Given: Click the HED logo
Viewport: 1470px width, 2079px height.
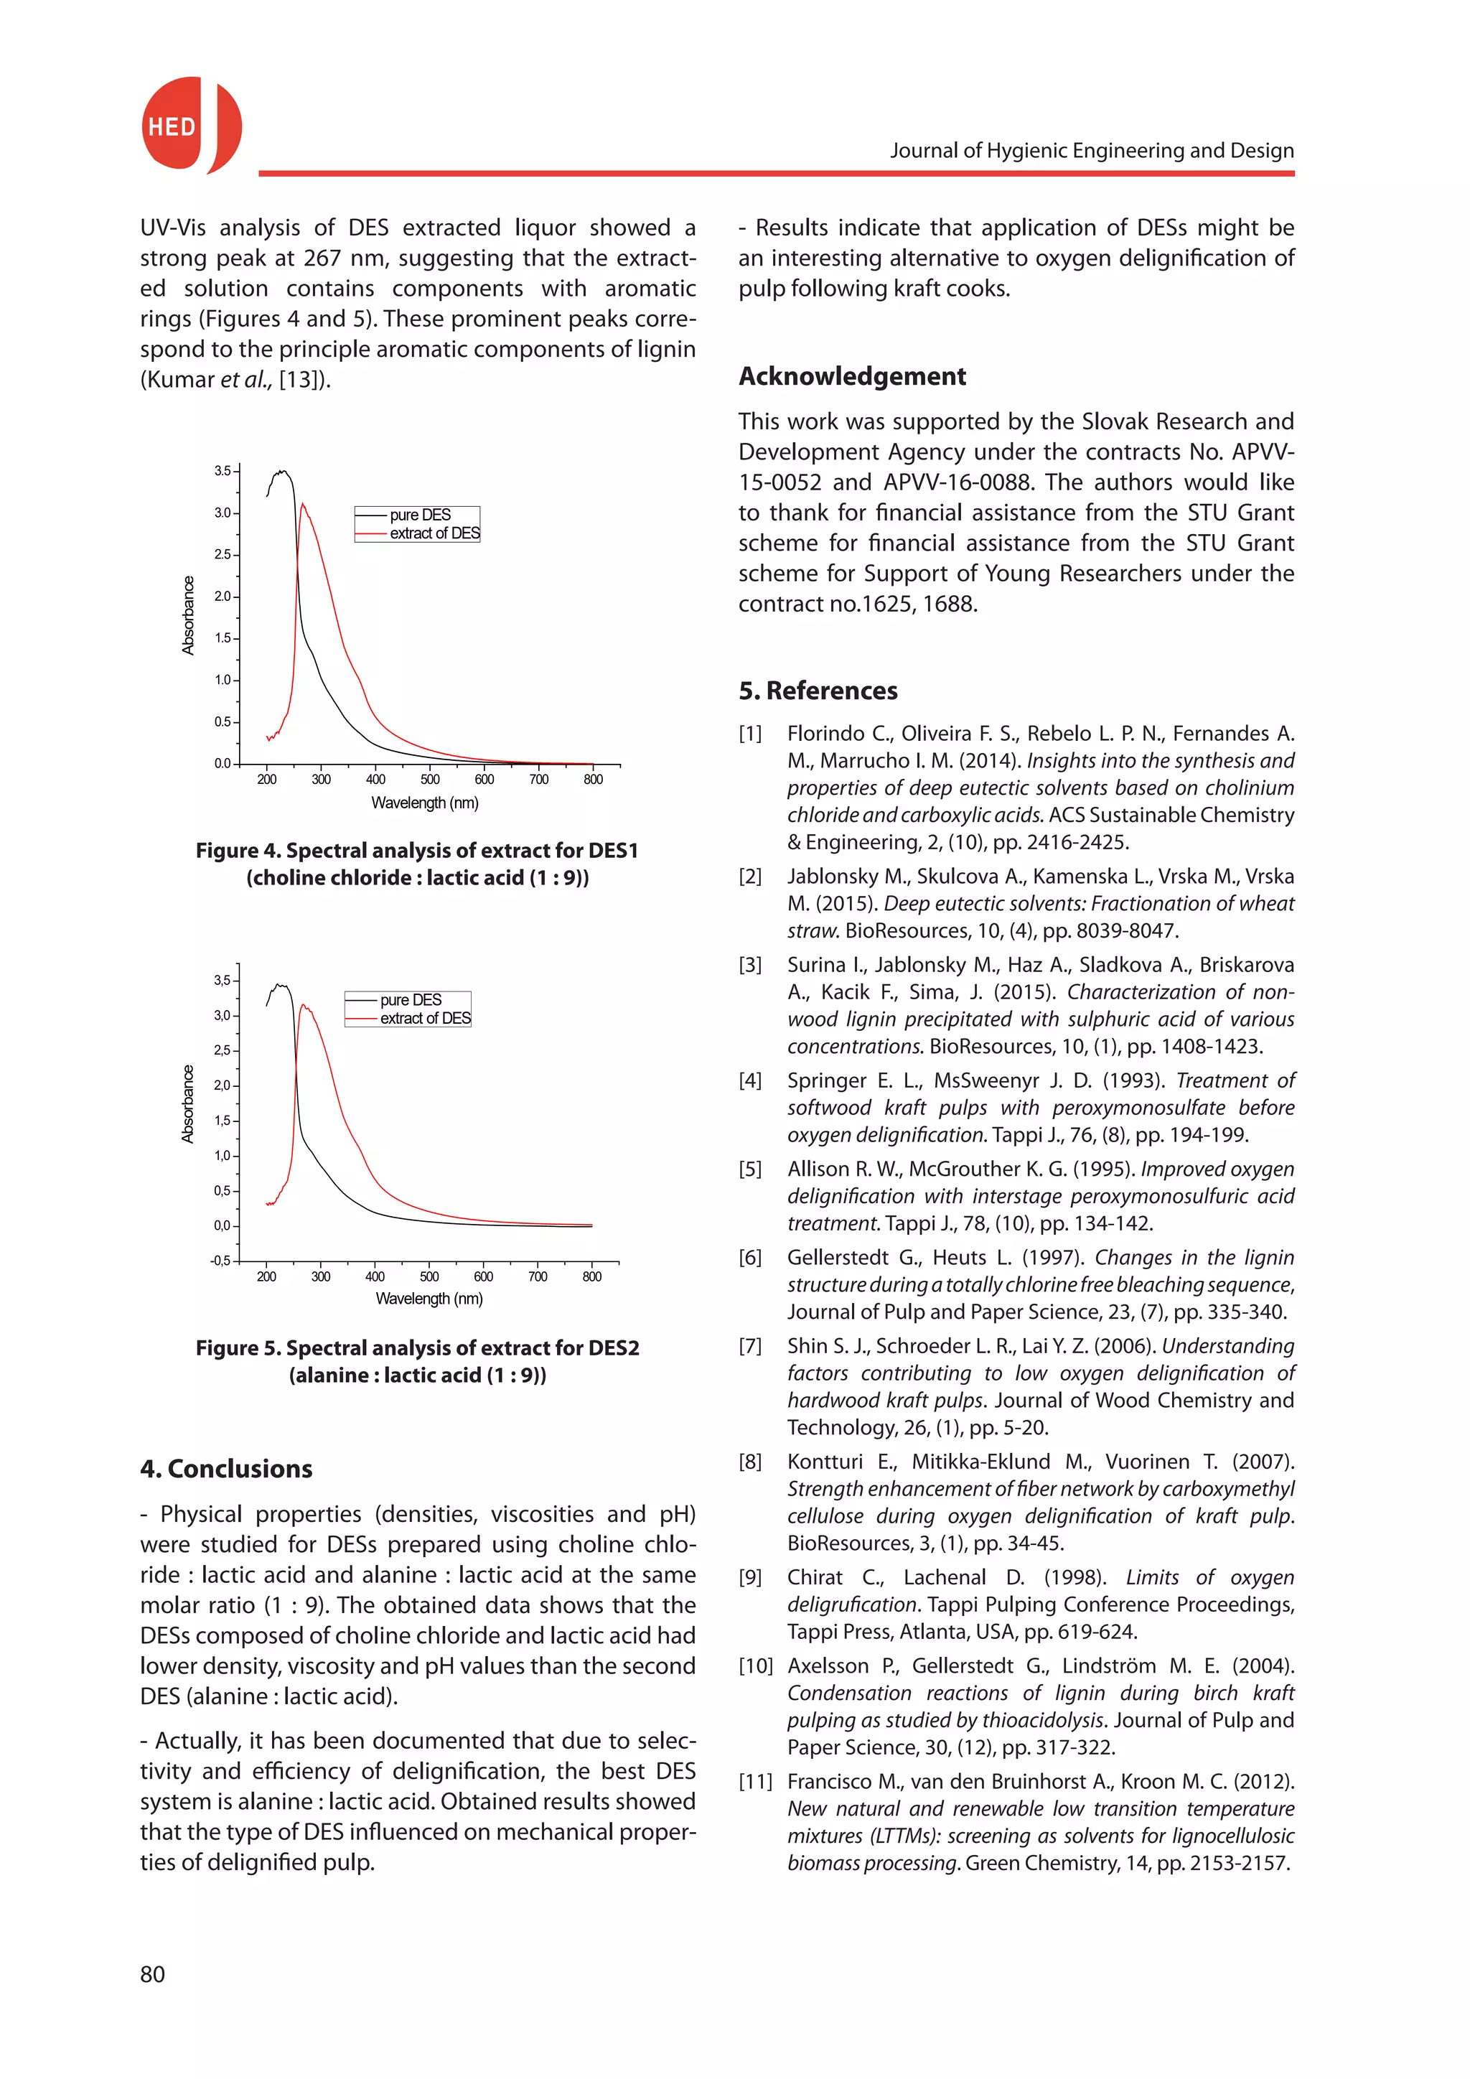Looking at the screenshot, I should [190, 126].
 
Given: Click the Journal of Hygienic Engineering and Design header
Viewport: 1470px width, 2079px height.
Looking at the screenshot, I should [1091, 150].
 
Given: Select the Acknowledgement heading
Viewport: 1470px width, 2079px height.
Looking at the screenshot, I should [852, 375].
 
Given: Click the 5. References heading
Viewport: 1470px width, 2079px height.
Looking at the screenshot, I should [818, 691].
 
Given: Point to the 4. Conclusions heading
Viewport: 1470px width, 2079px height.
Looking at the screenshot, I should [226, 1469].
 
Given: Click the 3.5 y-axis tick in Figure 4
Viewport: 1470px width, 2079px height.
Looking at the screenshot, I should [223, 471].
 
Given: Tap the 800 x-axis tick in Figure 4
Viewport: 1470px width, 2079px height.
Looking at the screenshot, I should [593, 780].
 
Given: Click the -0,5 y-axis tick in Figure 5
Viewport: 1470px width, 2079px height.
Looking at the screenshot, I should [220, 1261].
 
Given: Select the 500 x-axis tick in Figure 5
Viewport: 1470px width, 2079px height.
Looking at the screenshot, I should [429, 1276].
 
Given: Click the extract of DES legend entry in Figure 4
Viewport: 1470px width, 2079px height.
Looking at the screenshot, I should [434, 533].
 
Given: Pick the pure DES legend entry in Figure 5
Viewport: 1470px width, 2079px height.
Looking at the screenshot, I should [410, 1000].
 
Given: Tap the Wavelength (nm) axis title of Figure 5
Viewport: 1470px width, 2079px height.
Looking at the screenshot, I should [429, 1299].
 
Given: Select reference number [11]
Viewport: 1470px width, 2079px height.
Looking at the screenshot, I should [755, 1782].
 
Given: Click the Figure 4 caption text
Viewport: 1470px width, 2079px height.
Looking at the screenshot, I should [417, 864].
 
